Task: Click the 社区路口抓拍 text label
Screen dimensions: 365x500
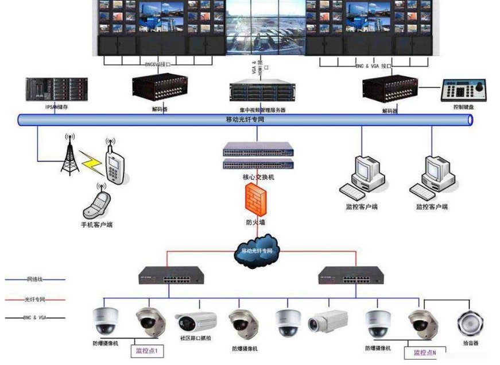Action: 196,338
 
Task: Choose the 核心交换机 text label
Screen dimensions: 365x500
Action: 258,178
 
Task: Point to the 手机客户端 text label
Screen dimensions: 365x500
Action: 96,224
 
